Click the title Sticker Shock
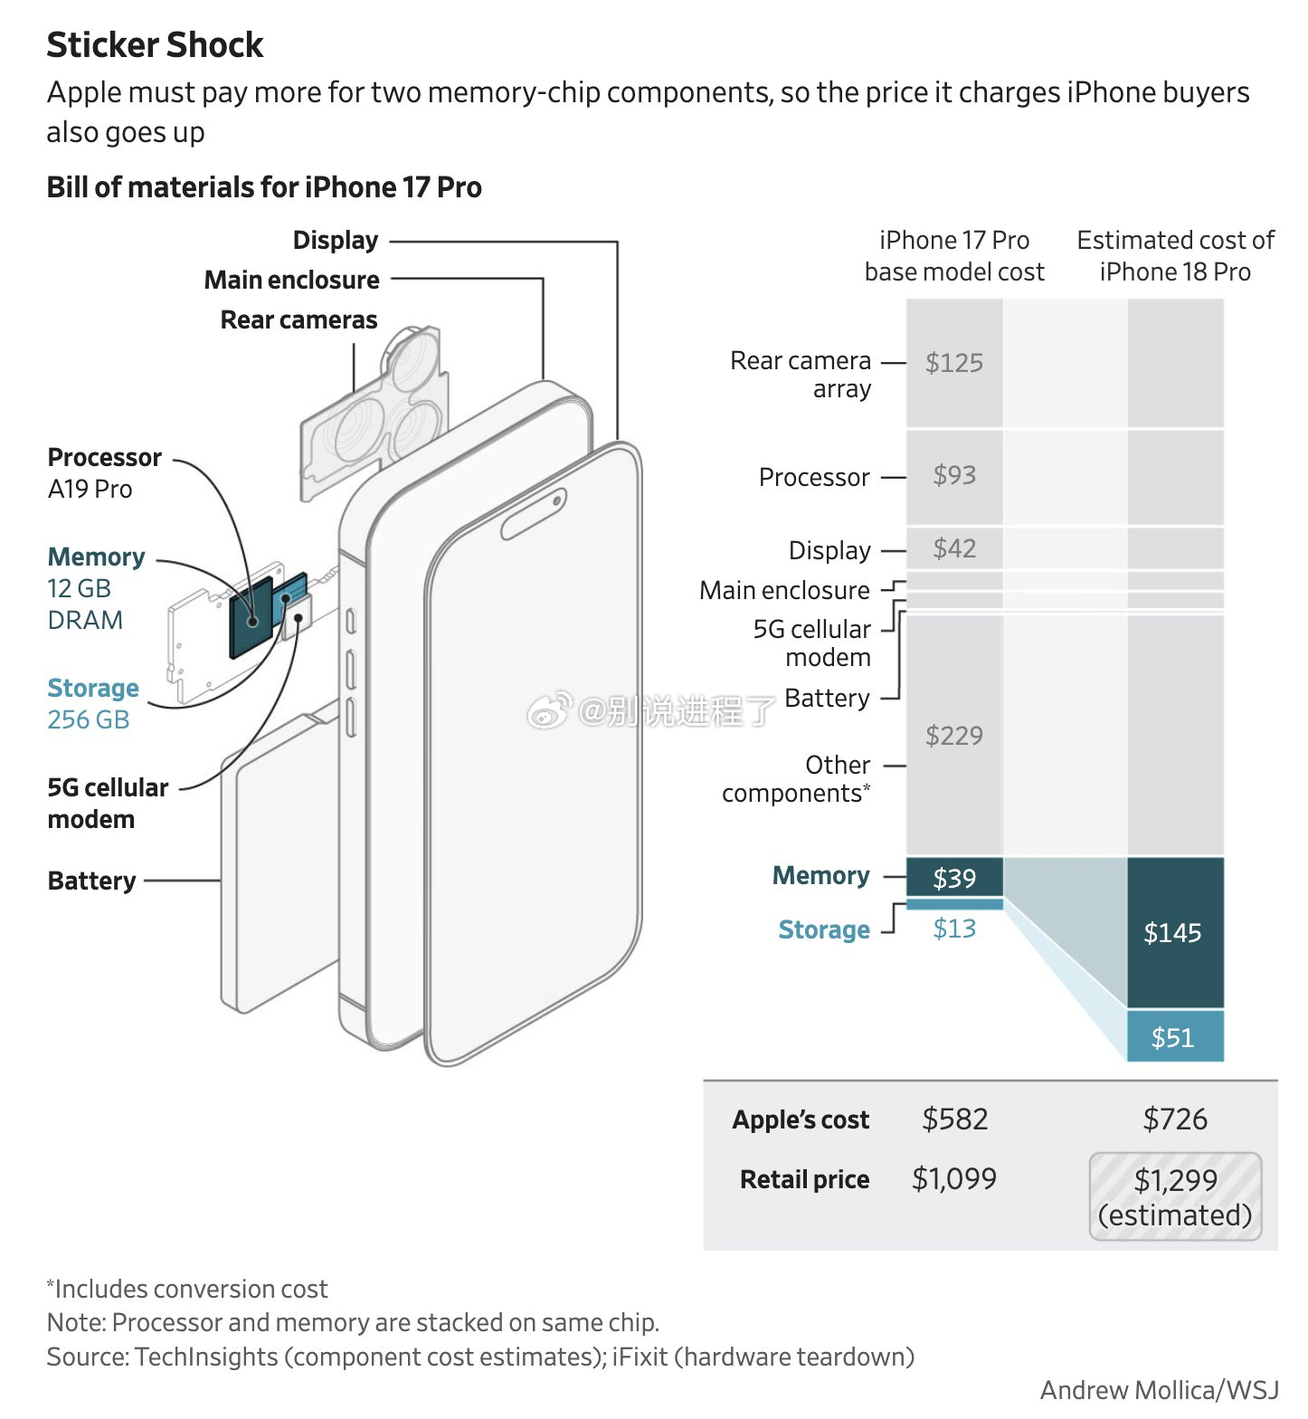(155, 44)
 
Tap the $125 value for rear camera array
(954, 363)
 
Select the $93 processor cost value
(954, 475)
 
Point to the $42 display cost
(954, 548)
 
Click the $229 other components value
(954, 735)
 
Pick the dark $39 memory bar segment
(954, 877)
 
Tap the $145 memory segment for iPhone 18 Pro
(1175, 933)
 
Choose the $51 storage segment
(1175, 1036)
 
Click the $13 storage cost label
(954, 929)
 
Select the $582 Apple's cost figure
(954, 1119)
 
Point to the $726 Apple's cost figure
(1175, 1119)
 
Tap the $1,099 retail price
(954, 1179)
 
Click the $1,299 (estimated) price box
(1175, 1196)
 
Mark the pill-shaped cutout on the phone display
(534, 514)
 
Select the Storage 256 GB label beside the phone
(92, 703)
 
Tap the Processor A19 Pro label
(104, 472)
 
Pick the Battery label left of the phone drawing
(91, 881)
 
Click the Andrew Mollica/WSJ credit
(1160, 1390)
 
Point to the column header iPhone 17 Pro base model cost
(954, 256)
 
